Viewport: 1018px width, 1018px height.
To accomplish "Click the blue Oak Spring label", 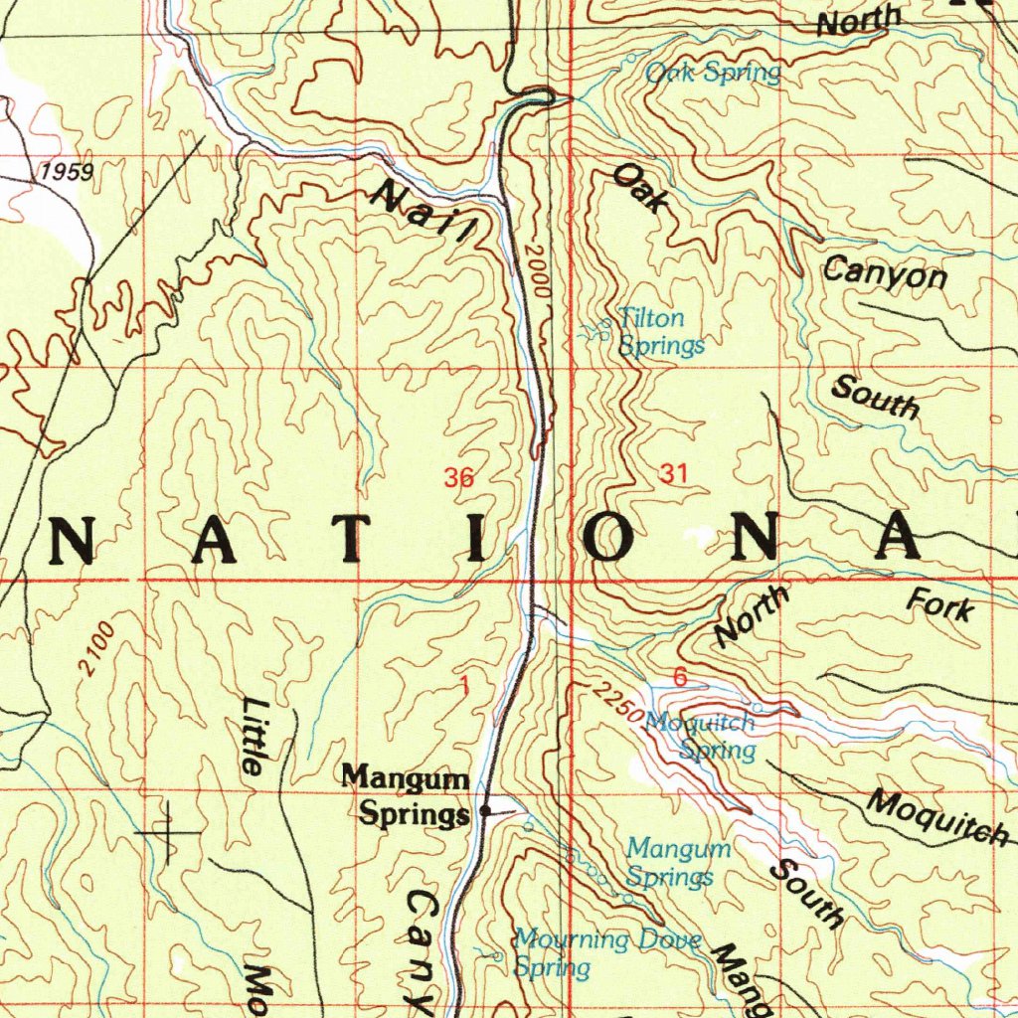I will point(712,73).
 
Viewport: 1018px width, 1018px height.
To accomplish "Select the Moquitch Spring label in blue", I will point(702,737).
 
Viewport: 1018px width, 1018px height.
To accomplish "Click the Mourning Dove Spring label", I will point(606,951).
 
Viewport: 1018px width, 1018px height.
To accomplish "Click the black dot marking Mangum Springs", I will point(485,811).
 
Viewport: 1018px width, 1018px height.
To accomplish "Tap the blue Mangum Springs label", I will point(678,863).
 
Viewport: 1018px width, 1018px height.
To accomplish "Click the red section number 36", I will point(458,478).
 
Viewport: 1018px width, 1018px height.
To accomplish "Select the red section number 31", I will point(673,474).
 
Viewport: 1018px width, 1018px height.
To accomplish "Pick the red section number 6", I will point(680,677).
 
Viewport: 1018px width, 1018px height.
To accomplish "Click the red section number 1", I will point(464,685).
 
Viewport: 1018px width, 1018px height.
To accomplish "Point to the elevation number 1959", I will point(67,172).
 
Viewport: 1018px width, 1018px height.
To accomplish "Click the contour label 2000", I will point(538,271).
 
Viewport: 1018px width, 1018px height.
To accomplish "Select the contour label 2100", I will point(98,649).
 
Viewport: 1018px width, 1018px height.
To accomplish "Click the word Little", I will point(254,736).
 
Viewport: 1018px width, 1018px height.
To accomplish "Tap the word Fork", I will point(939,603).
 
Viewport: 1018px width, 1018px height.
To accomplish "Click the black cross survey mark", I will point(167,830).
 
